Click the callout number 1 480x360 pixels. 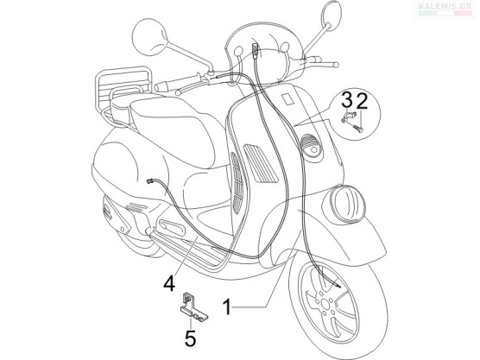coord(227,307)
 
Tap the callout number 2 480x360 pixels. coord(362,101)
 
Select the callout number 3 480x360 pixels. coord(347,101)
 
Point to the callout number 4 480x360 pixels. coord(169,283)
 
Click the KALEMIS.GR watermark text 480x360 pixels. coord(445,6)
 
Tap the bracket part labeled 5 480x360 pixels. coord(192,308)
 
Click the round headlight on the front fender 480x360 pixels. coord(347,204)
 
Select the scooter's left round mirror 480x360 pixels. coord(149,37)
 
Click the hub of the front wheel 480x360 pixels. coord(325,303)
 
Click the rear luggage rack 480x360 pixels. coord(123,87)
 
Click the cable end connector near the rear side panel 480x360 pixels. coord(150,181)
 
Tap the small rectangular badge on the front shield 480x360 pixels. coord(288,99)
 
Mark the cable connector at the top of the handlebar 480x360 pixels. coord(255,50)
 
